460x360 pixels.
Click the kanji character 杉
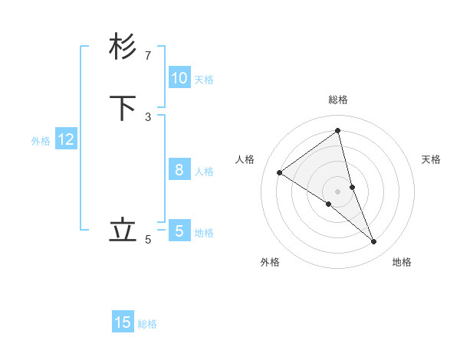123,47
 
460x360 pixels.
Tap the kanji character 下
123,108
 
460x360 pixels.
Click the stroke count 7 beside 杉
148,56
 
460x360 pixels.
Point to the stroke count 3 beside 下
148,117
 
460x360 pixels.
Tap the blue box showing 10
179,78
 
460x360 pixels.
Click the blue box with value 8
179,170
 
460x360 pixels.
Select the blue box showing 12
66,139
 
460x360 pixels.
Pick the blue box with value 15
123,322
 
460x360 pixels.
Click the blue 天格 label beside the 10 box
204,80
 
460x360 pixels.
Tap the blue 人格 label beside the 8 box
204,172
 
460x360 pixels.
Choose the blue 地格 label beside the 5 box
204,233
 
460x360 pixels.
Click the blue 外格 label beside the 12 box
41,141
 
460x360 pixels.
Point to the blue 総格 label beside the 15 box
147,324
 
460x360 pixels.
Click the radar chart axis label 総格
338,100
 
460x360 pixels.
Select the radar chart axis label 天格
431,159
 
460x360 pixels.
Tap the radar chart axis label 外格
270,263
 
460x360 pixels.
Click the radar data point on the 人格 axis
279,172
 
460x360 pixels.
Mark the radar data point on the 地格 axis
374,242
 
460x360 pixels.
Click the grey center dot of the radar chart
337,191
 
